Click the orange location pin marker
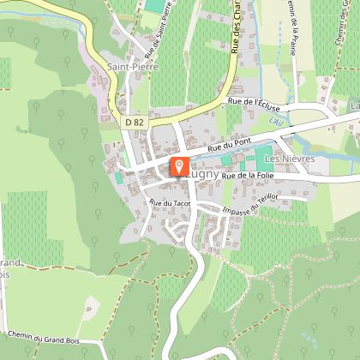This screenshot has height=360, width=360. [179, 165]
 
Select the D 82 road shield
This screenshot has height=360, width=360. [133, 123]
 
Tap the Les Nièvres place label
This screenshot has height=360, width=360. [291, 159]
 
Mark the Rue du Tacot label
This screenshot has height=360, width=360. [168, 202]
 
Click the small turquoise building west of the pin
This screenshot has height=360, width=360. [118, 177]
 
